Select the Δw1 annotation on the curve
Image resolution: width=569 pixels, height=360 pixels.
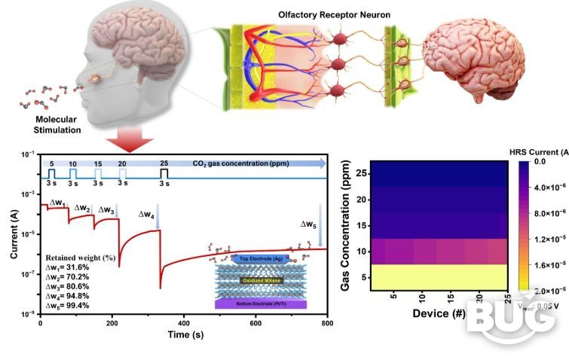coord(58,203)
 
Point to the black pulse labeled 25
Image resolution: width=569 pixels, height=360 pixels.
coord(164,173)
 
